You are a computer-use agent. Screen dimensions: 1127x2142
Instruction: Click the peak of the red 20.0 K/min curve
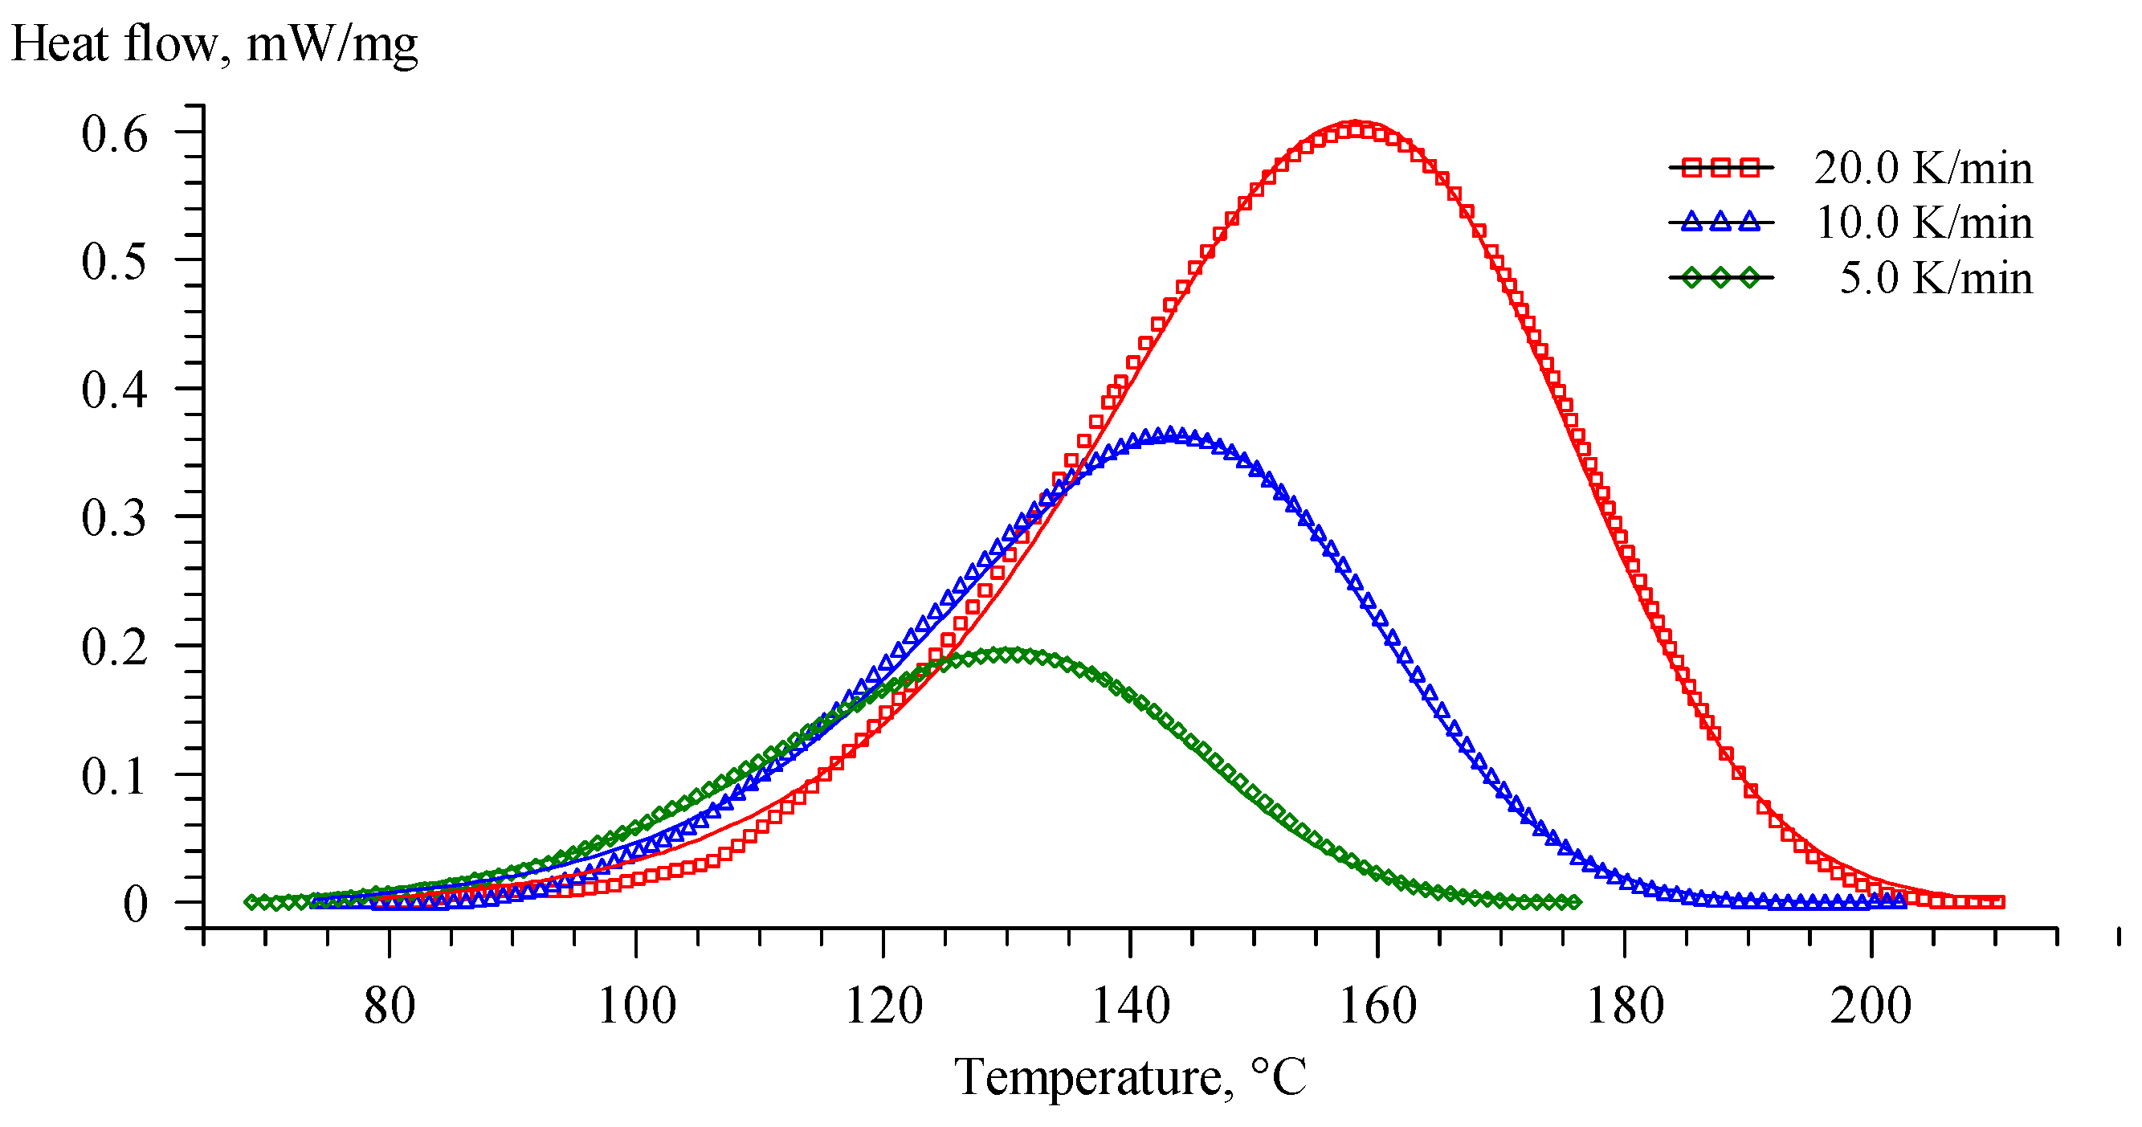point(1356,126)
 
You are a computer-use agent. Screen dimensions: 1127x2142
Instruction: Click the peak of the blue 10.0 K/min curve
point(1171,434)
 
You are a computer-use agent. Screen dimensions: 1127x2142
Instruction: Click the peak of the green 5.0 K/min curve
point(1008,654)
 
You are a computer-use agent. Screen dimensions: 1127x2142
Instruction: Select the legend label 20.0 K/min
point(1923,168)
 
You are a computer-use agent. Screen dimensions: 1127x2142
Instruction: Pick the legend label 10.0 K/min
point(1924,223)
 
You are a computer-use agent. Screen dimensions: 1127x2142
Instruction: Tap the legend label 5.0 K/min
point(1935,278)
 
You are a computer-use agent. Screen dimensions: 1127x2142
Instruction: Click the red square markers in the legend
point(1720,168)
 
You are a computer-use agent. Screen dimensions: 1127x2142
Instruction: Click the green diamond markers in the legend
point(1720,278)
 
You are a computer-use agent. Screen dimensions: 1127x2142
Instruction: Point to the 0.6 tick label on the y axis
point(114,134)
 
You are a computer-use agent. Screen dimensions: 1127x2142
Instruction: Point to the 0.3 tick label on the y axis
point(114,517)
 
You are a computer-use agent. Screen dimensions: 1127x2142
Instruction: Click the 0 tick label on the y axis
point(135,903)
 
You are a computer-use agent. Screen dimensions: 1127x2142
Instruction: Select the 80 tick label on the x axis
point(390,1006)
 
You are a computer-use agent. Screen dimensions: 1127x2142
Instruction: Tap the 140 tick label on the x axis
point(1130,1006)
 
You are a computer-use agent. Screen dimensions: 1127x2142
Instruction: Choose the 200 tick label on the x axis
point(1871,1006)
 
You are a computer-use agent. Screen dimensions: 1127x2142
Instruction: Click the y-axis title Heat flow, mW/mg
point(214,43)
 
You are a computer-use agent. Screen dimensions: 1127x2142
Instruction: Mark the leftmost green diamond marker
point(252,901)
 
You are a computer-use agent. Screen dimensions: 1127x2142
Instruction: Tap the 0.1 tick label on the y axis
point(114,776)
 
